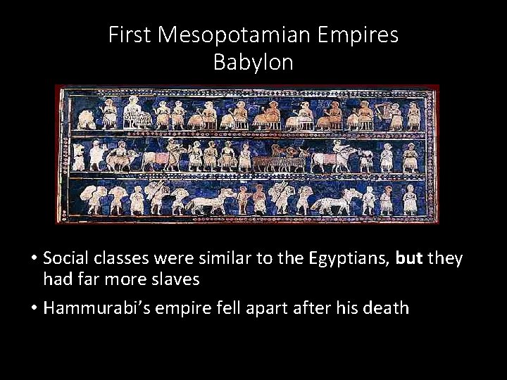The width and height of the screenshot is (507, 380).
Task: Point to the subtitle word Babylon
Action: tap(254, 63)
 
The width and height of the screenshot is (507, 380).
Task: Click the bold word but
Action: tap(410, 259)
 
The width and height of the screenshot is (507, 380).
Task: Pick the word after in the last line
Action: tap(306, 308)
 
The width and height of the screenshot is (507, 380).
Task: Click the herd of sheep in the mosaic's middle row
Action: tap(280, 162)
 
